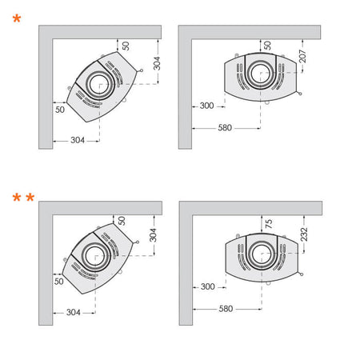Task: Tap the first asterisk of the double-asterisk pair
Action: click(16, 198)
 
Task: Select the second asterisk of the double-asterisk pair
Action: click(31, 198)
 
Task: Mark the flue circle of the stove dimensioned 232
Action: click(262, 254)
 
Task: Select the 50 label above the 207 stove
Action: click(268, 46)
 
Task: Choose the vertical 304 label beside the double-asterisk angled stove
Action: click(153, 234)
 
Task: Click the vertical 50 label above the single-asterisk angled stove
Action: click(126, 46)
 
